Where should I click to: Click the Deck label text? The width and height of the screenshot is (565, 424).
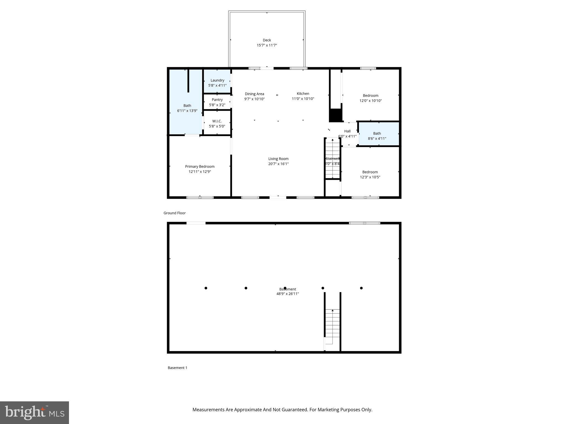pyautogui.click(x=266, y=40)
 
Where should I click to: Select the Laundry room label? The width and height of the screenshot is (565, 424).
pyautogui.click(x=217, y=80)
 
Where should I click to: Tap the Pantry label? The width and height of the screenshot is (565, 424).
pyautogui.click(x=217, y=100)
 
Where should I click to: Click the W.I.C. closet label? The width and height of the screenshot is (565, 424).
pyautogui.click(x=217, y=121)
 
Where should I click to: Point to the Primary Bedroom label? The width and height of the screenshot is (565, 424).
pyautogui.click(x=199, y=166)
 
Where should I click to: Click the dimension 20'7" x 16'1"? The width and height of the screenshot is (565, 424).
pyautogui.click(x=278, y=164)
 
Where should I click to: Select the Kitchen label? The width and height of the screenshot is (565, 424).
pyautogui.click(x=303, y=94)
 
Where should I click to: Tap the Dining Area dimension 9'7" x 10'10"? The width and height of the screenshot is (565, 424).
pyautogui.click(x=254, y=99)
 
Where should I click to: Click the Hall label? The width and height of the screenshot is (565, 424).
pyautogui.click(x=347, y=131)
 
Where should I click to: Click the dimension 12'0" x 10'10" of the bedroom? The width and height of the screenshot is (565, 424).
pyautogui.click(x=370, y=101)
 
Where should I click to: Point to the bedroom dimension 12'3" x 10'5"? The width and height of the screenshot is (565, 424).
pyautogui.click(x=370, y=177)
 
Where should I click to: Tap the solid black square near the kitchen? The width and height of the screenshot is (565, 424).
pyautogui.click(x=335, y=115)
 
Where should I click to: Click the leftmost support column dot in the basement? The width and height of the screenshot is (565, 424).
pyautogui.click(x=206, y=288)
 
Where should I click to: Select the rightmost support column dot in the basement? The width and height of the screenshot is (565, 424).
pyautogui.click(x=361, y=288)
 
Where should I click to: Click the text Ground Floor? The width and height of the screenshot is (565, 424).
pyautogui.click(x=174, y=213)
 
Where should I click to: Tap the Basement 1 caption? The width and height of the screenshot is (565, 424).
pyautogui.click(x=177, y=368)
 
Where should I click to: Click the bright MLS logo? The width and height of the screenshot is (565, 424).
pyautogui.click(x=34, y=413)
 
